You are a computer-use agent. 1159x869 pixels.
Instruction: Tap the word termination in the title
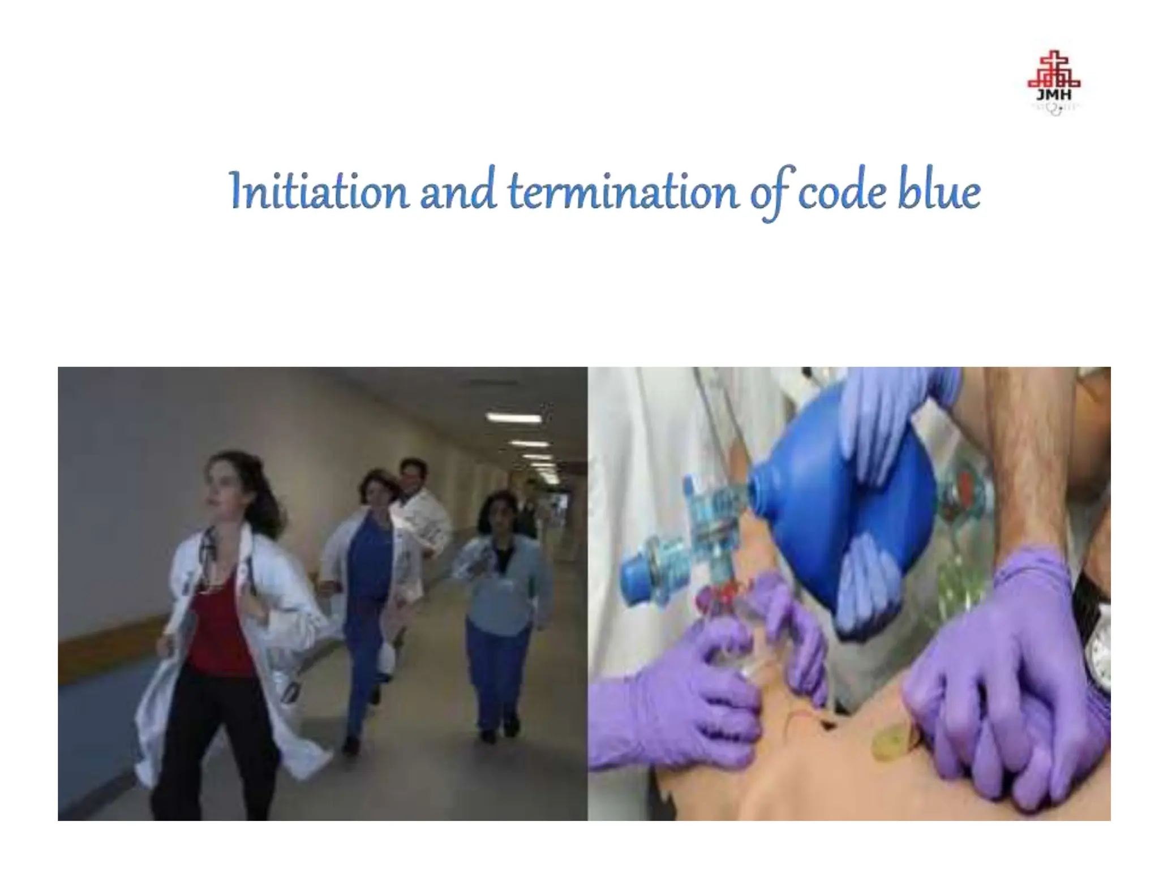(x=623, y=191)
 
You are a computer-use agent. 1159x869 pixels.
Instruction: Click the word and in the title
(x=457, y=191)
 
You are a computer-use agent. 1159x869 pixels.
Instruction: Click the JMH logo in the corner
(x=1054, y=84)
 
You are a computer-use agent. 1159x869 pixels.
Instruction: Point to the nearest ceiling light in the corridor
(x=512, y=418)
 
